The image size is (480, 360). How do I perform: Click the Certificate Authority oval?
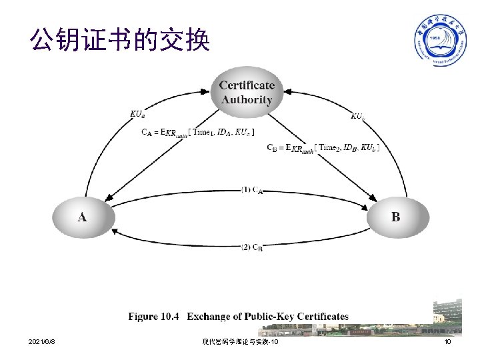247,93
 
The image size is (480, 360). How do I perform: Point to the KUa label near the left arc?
136,114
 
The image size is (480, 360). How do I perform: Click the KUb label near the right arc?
358,117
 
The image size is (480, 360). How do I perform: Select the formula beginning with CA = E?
197,132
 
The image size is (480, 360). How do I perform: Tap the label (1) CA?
252,190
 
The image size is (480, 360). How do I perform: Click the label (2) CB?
252,247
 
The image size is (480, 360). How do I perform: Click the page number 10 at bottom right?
447,342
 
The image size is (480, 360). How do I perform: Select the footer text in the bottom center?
241,342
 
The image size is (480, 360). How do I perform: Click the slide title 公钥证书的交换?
120,41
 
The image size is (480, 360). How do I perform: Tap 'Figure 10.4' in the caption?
153,317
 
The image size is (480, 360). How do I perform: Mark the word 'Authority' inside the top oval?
247,100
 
